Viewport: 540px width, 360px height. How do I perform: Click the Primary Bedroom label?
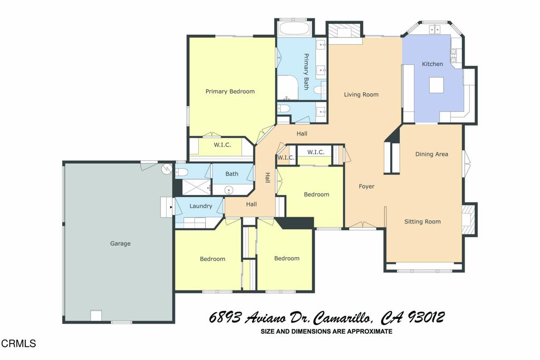tap(230, 91)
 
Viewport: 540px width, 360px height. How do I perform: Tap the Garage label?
tap(120, 244)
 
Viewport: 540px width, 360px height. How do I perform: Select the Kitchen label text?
tap(432, 64)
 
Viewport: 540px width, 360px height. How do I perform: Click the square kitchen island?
tap(436, 85)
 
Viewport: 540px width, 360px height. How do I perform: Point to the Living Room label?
tap(361, 94)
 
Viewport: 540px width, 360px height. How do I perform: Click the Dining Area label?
tap(431, 154)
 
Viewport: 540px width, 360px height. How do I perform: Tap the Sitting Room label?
tap(422, 221)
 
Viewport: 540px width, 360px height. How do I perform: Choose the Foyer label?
tap(367, 186)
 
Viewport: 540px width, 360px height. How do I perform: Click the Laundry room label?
tap(201, 206)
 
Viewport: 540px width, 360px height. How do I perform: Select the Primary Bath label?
tap(306, 71)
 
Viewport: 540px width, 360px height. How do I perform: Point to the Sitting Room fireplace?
tap(468, 219)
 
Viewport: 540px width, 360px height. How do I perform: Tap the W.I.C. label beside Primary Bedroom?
tap(222, 145)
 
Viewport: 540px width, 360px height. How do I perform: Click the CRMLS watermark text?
tap(18, 343)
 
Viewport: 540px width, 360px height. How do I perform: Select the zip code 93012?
tap(426, 317)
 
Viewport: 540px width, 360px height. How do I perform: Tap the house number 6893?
tap(225, 317)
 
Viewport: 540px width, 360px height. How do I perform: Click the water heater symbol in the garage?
tap(167, 168)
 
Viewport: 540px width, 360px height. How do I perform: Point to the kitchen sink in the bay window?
tap(435, 30)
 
